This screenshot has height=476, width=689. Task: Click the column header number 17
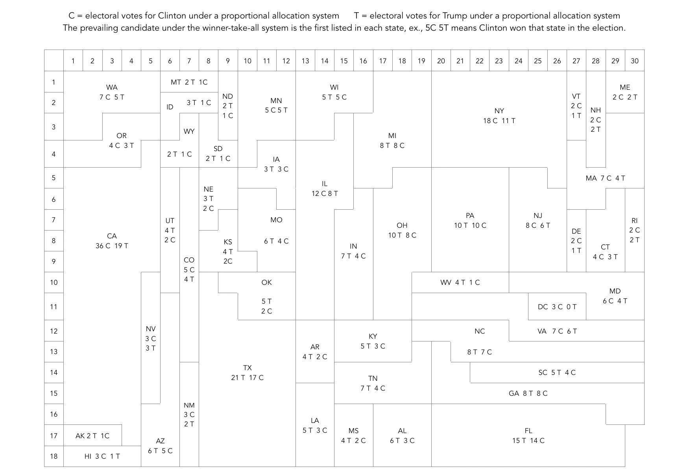(382, 61)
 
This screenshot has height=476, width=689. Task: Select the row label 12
(54, 331)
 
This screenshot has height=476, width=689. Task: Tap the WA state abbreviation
(112, 87)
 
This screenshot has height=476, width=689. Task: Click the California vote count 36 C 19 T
(112, 246)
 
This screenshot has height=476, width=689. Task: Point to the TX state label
(247, 368)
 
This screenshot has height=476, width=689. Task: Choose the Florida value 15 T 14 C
(528, 441)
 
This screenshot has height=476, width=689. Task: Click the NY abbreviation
(499, 111)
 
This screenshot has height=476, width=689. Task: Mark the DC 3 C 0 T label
(557, 307)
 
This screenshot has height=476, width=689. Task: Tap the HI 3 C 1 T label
(102, 456)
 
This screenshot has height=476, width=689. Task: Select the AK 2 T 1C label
(92, 436)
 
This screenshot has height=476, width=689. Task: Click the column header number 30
(634, 61)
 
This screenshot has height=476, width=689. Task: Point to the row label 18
(54, 456)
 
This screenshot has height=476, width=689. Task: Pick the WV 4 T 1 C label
(460, 282)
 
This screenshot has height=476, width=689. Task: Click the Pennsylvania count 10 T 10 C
(470, 225)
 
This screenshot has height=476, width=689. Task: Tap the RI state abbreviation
(634, 221)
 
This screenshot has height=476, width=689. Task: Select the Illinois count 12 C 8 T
(325, 194)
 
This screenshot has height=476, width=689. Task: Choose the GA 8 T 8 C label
(528, 393)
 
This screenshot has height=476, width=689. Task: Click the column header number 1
(73, 61)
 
